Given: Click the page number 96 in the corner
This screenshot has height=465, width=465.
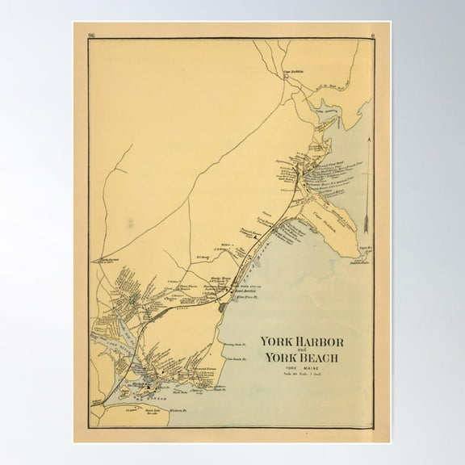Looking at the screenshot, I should [91, 35].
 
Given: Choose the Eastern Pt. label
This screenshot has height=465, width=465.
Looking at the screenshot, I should [215, 388].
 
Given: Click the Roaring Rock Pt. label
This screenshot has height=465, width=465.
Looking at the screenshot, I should [234, 345].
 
